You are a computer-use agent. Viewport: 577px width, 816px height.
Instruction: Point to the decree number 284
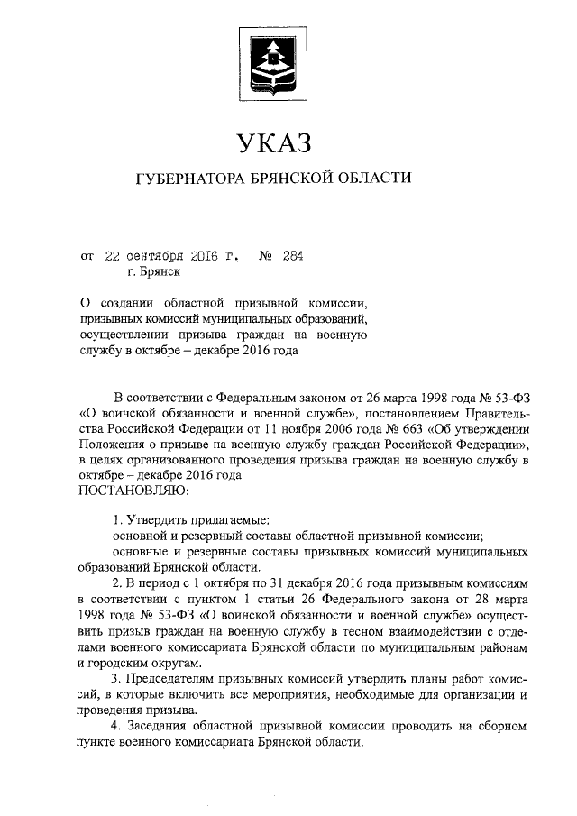point(292,255)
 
